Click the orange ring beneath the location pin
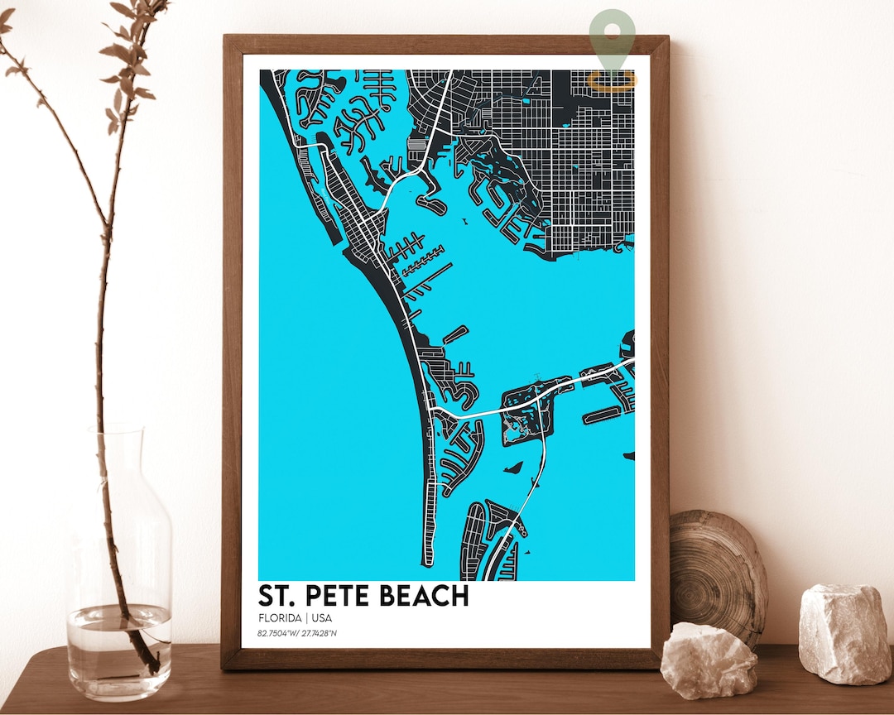[x=612, y=79]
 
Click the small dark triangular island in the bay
[x=514, y=468]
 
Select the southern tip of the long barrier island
[x=428, y=561]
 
